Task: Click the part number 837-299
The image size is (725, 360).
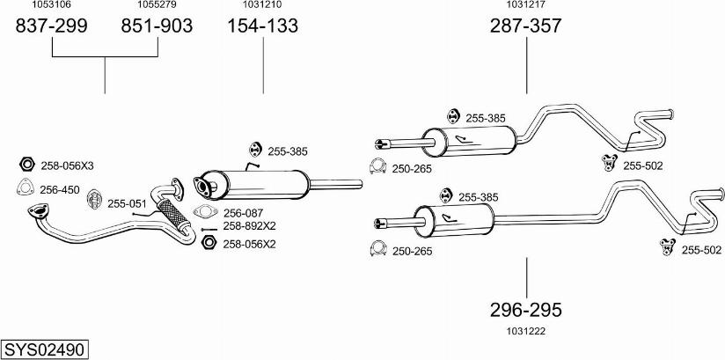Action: pos(52,26)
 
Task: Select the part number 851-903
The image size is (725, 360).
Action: pos(156,26)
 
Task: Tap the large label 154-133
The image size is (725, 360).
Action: pos(263,26)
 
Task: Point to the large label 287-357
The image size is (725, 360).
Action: pos(526,26)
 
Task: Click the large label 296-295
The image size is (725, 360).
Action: pos(526,310)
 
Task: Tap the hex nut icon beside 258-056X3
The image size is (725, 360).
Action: pos(26,165)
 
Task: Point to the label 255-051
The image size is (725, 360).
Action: pos(126,203)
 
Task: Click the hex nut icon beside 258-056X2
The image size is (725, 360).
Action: pos(209,243)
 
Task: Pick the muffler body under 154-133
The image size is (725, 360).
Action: pos(264,183)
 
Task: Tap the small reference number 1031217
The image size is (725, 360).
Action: pos(526,5)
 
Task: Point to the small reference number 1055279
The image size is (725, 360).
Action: pos(156,5)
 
